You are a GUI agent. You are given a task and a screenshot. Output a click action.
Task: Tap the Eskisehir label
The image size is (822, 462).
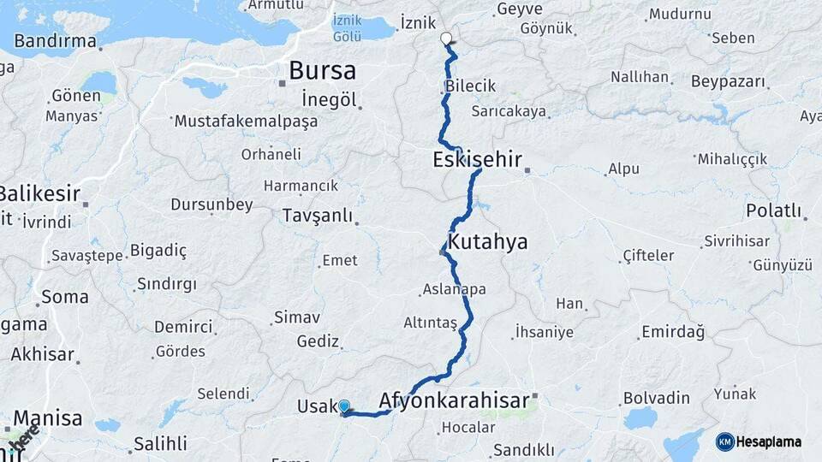[477, 159]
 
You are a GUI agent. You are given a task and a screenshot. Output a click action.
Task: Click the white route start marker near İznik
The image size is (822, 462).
[446, 38]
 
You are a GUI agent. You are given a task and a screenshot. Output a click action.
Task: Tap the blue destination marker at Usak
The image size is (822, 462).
[344, 407]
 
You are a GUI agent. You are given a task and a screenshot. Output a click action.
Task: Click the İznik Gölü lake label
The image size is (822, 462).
[360, 27]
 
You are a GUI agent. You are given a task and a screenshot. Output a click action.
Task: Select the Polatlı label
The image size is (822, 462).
[773, 210]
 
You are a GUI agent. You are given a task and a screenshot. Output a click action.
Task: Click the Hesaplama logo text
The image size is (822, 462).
[770, 441]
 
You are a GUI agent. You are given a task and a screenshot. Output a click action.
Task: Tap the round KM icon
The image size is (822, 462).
[725, 441]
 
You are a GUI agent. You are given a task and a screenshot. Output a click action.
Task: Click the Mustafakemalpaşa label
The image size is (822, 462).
[246, 121]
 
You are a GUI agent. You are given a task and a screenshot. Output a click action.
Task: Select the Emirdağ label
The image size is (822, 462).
[676, 332]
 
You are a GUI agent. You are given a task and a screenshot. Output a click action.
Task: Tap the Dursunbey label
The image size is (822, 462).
[211, 204]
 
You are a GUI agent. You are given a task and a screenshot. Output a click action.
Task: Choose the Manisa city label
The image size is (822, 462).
[48, 419]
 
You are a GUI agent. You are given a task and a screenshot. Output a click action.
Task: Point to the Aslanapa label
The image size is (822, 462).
[454, 289]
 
